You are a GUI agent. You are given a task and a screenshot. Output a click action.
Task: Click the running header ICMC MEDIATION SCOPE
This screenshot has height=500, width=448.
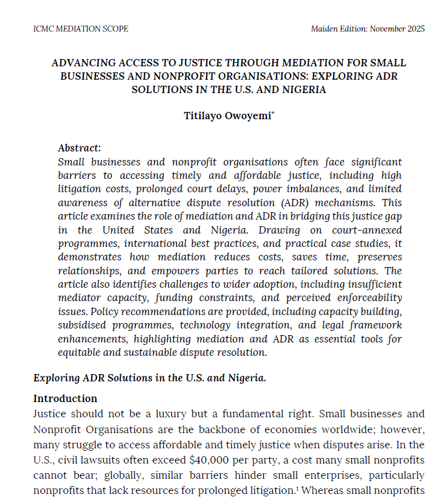(x=80, y=29)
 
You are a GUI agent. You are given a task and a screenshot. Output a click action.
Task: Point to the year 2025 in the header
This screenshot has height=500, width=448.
(x=414, y=29)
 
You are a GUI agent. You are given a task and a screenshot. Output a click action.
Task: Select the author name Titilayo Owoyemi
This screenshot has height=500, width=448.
(x=227, y=116)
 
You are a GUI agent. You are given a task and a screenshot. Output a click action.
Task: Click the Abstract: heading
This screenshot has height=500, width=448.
(x=79, y=148)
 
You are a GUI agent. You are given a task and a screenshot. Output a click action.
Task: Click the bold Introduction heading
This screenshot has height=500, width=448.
(x=65, y=398)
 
